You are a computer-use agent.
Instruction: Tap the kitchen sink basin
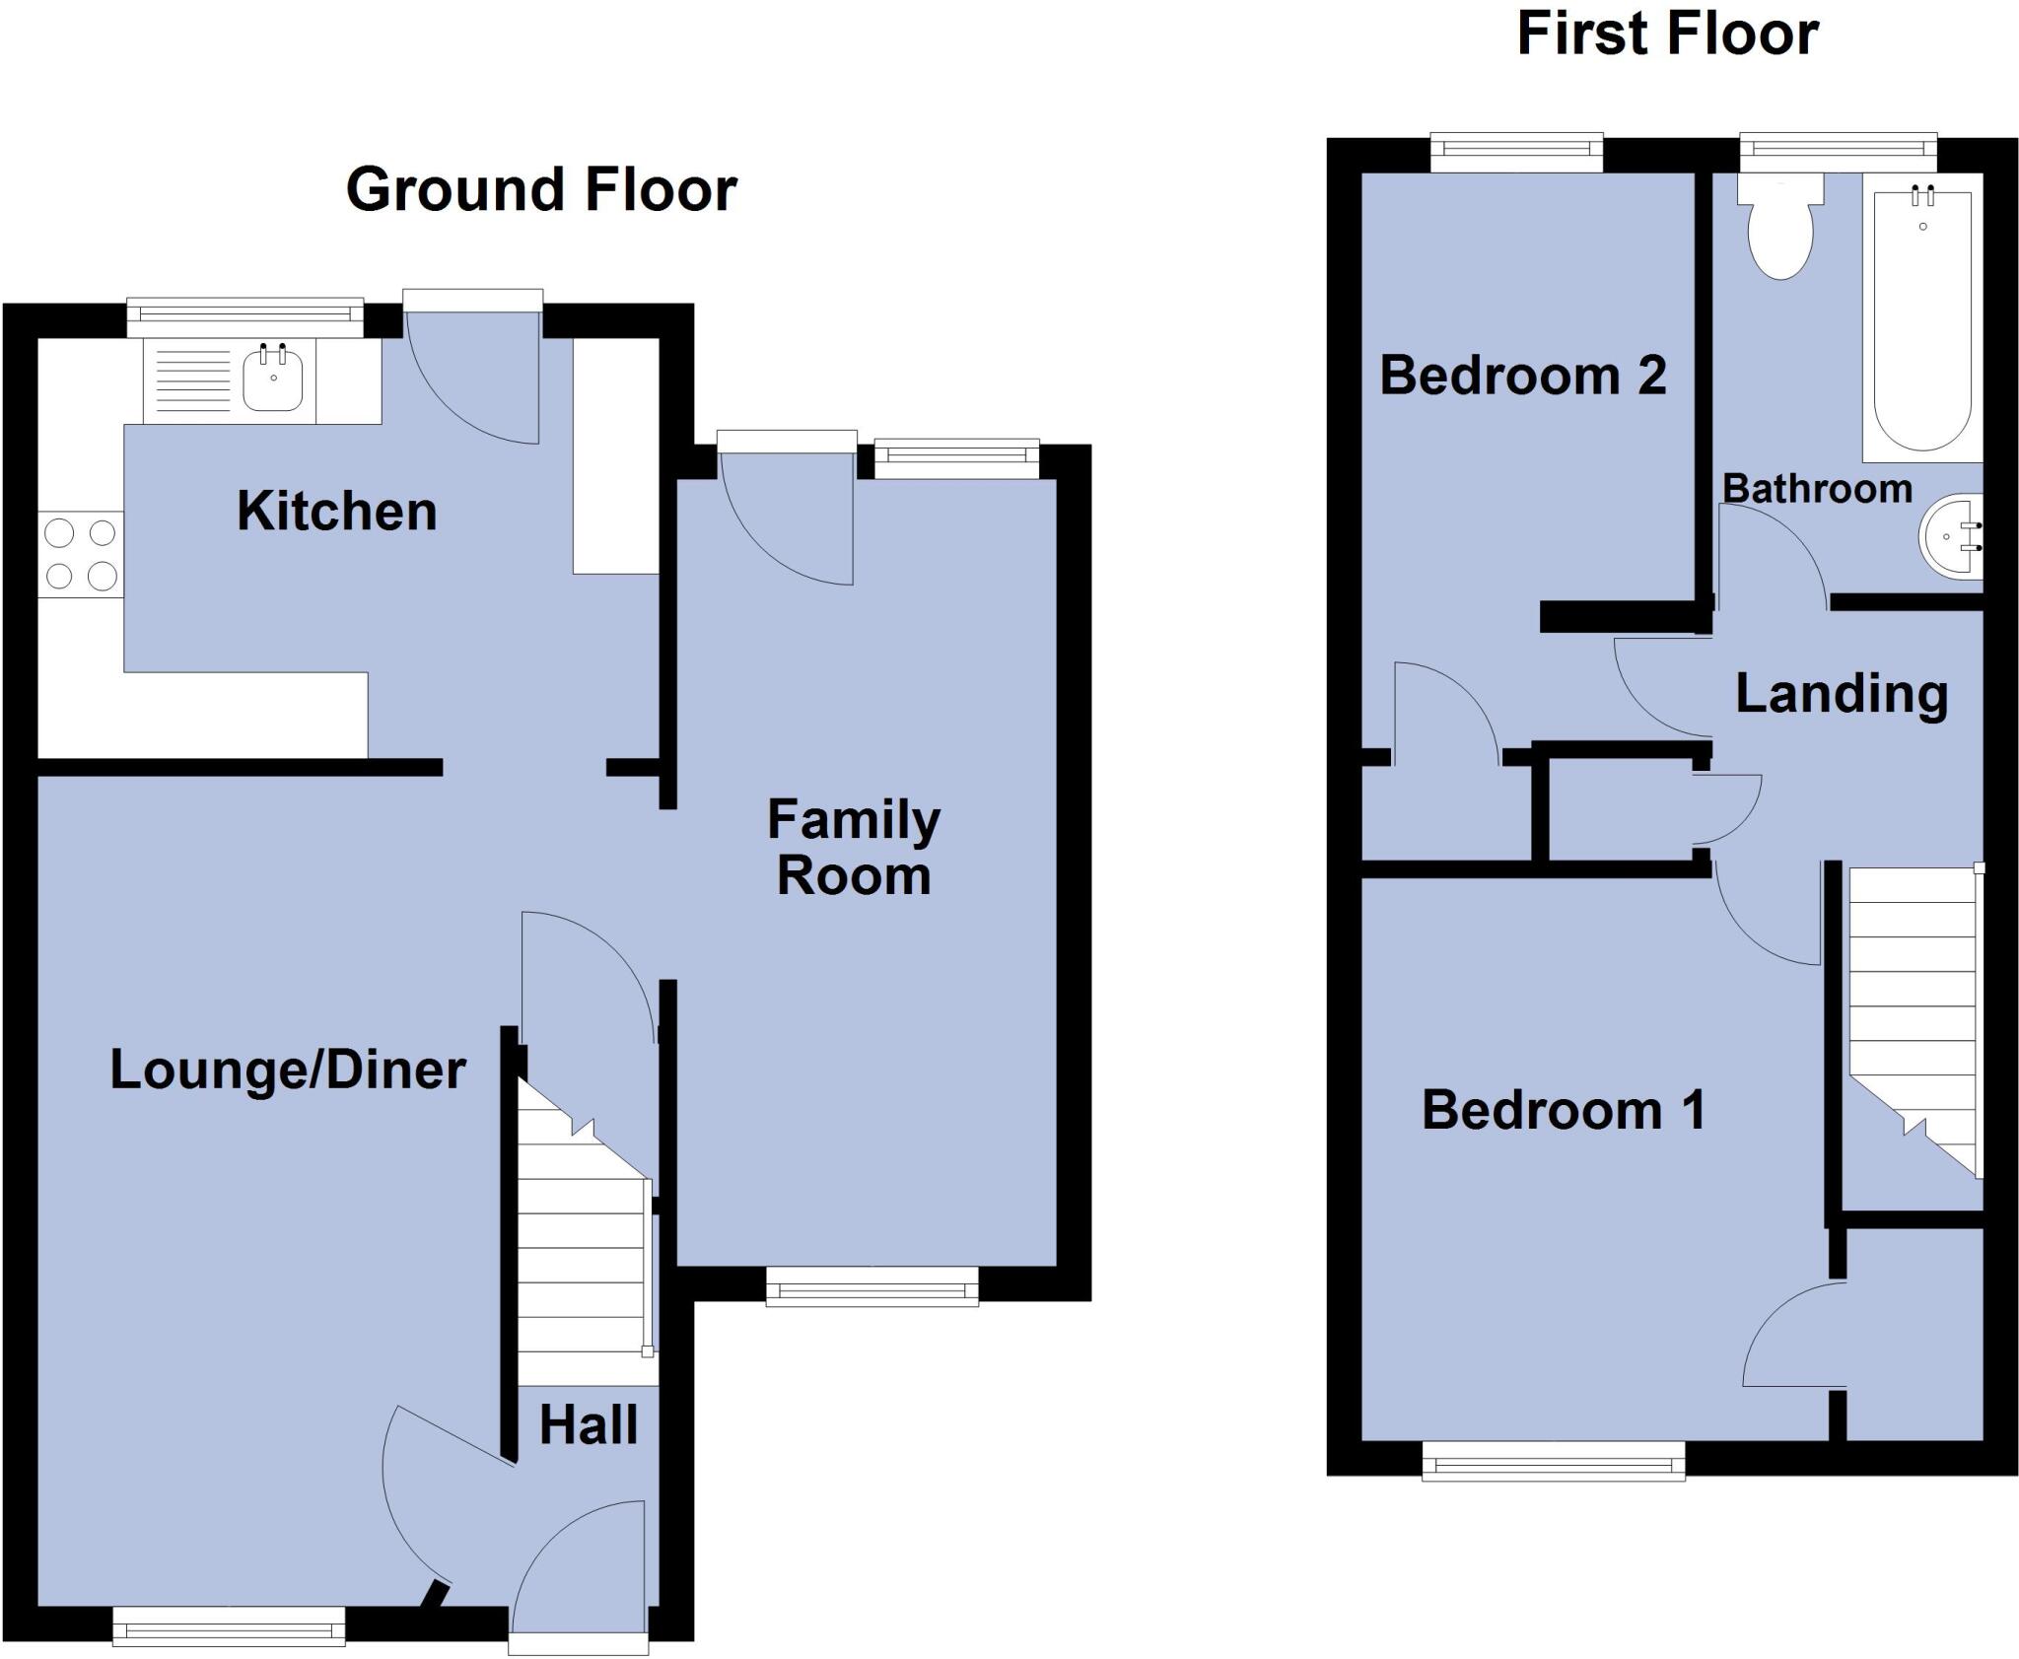(273, 380)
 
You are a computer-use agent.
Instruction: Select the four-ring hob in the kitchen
(81, 554)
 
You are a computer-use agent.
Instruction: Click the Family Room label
(854, 847)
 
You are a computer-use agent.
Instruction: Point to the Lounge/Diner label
(288, 1070)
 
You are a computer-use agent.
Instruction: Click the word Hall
(589, 1424)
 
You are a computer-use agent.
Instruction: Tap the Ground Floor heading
(541, 189)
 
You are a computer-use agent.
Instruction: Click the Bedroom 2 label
(1523, 376)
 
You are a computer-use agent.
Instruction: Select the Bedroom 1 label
(1564, 1110)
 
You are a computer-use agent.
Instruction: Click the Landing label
(1842, 693)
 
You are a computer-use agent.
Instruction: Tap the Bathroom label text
(1817, 489)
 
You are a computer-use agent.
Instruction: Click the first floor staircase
(1914, 1015)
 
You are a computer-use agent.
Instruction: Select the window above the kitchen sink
(244, 314)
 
